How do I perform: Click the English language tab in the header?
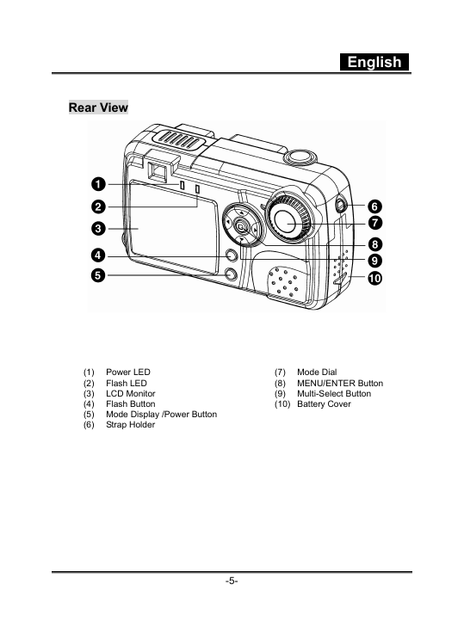pyautogui.click(x=374, y=62)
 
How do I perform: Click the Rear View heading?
pyautogui.click(x=98, y=108)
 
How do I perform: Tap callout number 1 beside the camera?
pyautogui.click(x=98, y=184)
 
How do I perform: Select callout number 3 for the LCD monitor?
pyautogui.click(x=98, y=228)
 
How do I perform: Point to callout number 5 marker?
pyautogui.click(x=98, y=275)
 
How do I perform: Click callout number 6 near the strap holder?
pyautogui.click(x=374, y=206)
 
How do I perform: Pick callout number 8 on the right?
pyautogui.click(x=374, y=244)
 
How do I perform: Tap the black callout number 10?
pyautogui.click(x=374, y=279)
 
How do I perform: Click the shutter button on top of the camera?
pyautogui.click(x=301, y=156)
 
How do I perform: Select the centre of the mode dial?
pyautogui.click(x=288, y=220)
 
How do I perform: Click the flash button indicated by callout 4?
pyautogui.click(x=232, y=256)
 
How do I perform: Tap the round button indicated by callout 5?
pyautogui.click(x=232, y=274)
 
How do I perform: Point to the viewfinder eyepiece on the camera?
pyautogui.click(x=158, y=171)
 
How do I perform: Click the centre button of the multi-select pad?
pyautogui.click(x=241, y=225)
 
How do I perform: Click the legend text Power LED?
pyautogui.click(x=128, y=372)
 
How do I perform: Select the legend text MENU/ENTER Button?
pyautogui.click(x=340, y=384)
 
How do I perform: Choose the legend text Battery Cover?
pyautogui.click(x=324, y=403)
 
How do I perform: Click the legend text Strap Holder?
pyautogui.click(x=130, y=424)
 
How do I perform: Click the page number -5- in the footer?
pyautogui.click(x=232, y=581)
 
